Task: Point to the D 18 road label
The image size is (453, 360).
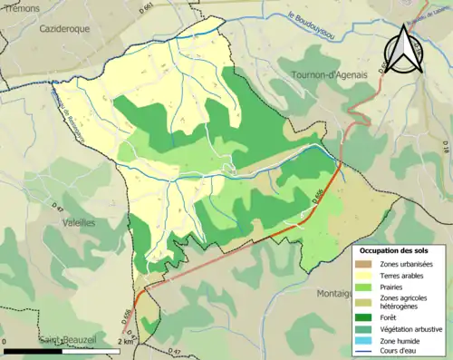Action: (x=444, y=145)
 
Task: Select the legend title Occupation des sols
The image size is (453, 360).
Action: (x=398, y=249)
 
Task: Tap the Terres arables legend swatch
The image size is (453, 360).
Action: (x=364, y=276)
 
